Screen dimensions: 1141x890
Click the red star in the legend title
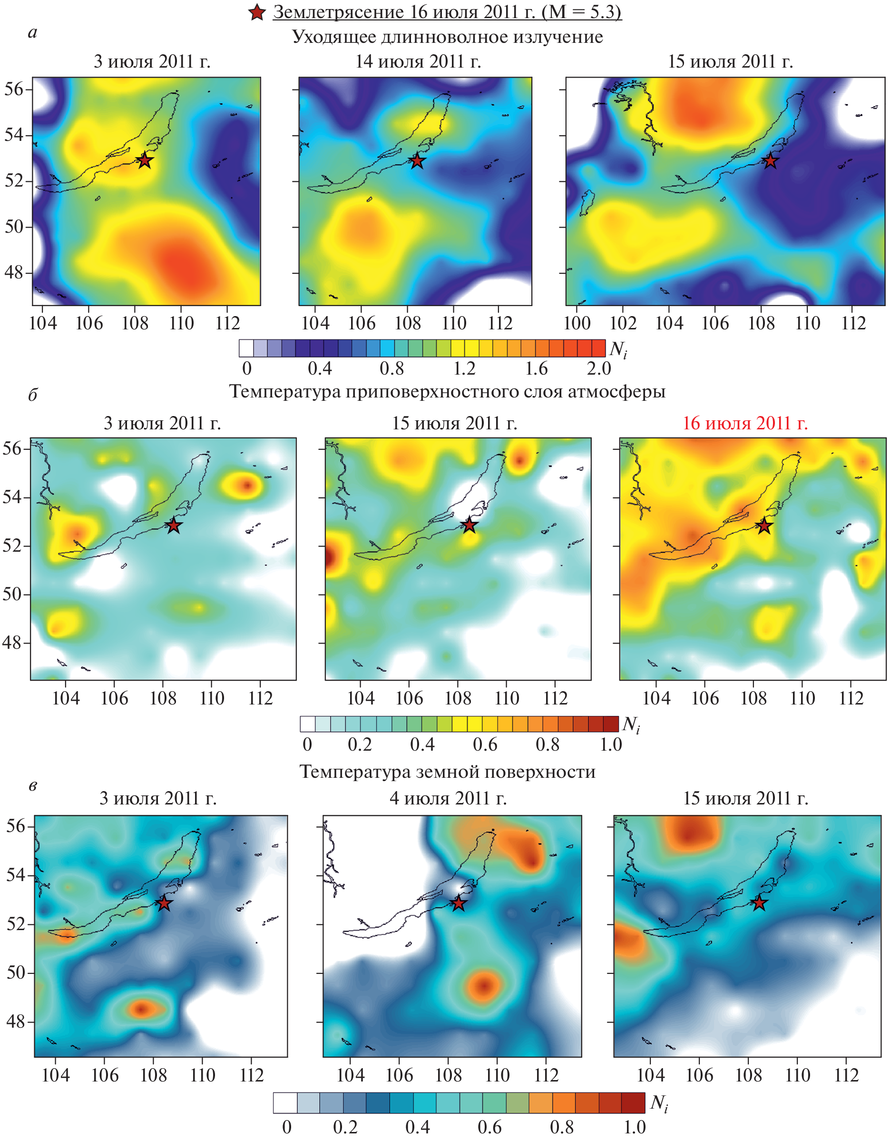click(257, 12)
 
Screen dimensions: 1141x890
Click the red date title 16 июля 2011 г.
click(745, 423)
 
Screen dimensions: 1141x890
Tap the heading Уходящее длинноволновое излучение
click(447, 37)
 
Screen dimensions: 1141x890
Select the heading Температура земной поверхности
click(447, 772)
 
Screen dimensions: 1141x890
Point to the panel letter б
click(32, 395)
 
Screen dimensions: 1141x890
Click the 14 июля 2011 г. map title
click(418, 62)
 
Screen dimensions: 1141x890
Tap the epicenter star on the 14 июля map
click(417, 161)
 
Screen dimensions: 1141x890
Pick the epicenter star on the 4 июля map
click(458, 903)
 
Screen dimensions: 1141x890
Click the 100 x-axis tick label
click(577, 323)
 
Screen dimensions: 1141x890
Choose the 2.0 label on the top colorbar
click(599, 369)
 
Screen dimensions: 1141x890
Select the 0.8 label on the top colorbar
click(391, 369)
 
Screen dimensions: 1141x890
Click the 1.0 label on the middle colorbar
click(611, 744)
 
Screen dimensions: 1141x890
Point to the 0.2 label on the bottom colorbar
click(345, 1127)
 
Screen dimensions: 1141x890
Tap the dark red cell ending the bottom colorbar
click(633, 1103)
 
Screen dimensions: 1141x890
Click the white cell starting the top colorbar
click(246, 348)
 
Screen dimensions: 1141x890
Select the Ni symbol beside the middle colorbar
click(631, 724)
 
